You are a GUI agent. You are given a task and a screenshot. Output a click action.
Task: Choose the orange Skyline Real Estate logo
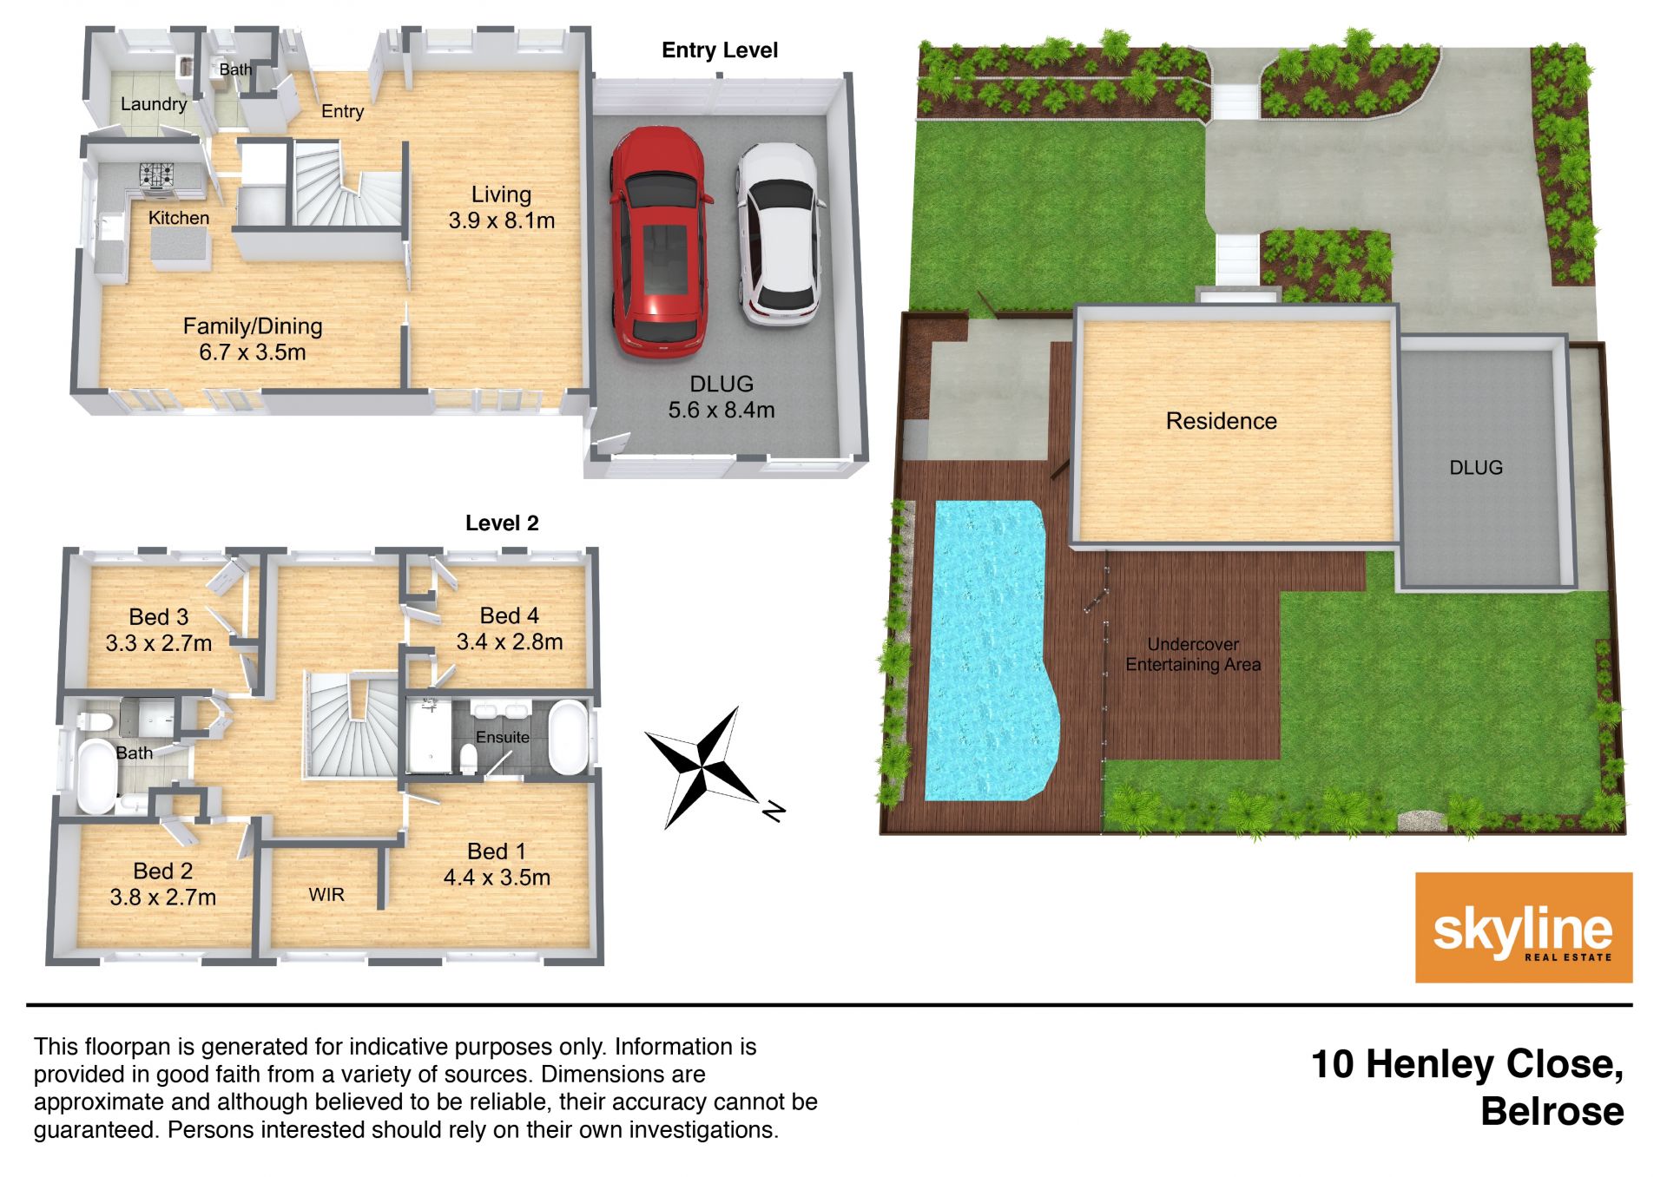(x=1524, y=927)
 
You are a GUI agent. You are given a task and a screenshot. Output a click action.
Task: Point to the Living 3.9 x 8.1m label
(x=502, y=207)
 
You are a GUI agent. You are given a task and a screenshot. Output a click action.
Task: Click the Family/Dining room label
(x=253, y=339)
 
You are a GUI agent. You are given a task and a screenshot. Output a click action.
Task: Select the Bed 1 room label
(x=497, y=864)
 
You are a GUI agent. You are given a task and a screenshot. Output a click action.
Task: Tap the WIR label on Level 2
(x=326, y=895)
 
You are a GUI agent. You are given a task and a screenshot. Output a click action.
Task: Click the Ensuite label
(x=503, y=737)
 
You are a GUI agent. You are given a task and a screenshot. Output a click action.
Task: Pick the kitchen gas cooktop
(x=157, y=175)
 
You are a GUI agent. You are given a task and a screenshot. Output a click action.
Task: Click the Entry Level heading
(x=720, y=50)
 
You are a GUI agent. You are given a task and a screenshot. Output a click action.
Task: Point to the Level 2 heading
(x=502, y=523)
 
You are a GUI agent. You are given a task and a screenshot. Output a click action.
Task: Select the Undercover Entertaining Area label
(x=1193, y=654)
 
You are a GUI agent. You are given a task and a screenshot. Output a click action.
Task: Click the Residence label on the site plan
(x=1221, y=421)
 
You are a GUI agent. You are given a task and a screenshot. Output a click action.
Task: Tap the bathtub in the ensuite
(x=569, y=738)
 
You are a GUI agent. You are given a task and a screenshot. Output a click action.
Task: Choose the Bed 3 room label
(x=159, y=629)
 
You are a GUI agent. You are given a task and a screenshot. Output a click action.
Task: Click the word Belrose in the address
(x=1552, y=1112)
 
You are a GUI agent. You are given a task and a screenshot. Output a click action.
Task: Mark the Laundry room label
(x=154, y=104)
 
